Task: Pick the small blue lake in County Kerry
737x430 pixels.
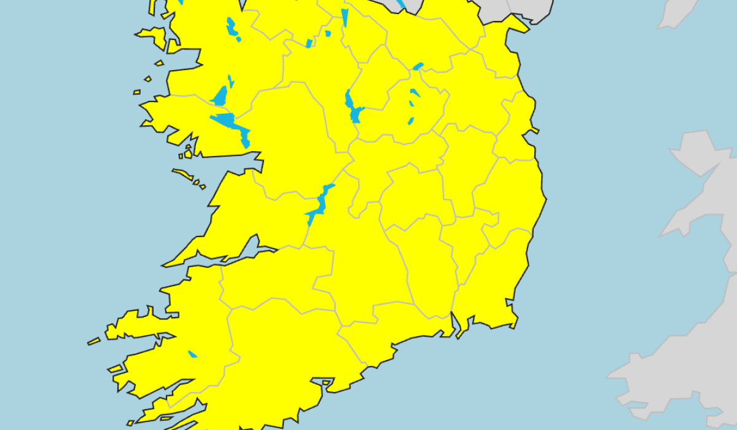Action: coord(192,354)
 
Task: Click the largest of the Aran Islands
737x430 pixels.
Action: coord(182,174)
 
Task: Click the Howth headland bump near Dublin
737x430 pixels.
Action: coord(533,130)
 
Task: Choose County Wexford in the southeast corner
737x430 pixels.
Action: coord(491,289)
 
